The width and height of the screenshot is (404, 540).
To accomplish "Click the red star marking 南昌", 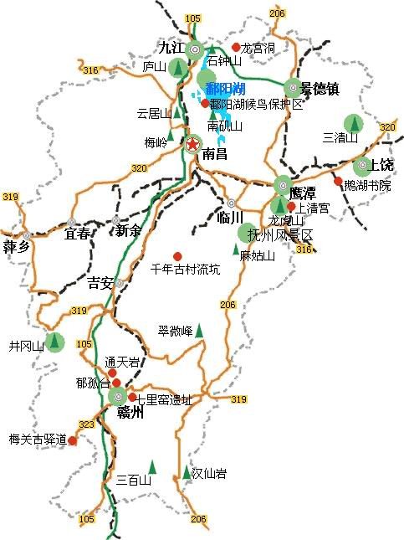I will coord(192,144).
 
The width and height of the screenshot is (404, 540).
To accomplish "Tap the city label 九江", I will coord(171,47).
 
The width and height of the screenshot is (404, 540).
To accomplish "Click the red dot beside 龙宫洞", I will coord(237,47).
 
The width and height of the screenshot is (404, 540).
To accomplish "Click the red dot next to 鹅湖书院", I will coord(338,182).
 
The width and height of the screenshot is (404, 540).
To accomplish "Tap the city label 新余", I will coord(128,230).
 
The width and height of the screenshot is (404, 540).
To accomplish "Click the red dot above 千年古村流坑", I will coord(177,256).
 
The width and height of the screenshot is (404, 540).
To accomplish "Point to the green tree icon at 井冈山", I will coord(55,342).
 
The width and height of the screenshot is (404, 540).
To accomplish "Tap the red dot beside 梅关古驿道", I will coord(73,440).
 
